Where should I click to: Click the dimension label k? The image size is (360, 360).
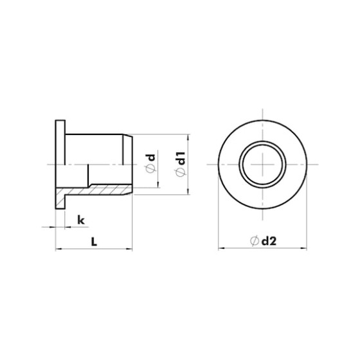81,220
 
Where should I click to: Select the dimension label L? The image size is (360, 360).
94,241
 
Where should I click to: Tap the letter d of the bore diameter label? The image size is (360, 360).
150,157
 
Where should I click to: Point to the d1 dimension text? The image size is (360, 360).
180,158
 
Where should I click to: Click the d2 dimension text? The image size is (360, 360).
269,241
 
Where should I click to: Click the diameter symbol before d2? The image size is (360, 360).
254,241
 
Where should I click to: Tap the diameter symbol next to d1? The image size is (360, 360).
180,172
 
